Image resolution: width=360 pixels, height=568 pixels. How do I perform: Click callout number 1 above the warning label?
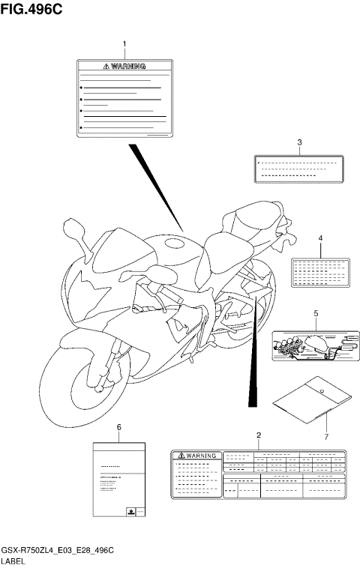(x=124, y=46)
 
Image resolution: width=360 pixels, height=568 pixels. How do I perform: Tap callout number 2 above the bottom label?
(x=258, y=435)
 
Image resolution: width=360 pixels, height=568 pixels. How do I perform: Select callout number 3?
(x=299, y=142)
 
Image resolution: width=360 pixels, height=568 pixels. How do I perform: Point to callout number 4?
(x=320, y=238)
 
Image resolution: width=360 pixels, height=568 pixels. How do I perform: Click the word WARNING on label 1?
(x=127, y=66)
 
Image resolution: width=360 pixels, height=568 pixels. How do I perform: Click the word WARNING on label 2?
(x=199, y=455)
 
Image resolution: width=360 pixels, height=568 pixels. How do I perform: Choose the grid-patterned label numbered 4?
(x=320, y=271)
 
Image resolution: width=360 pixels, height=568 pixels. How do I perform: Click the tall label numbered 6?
(x=118, y=480)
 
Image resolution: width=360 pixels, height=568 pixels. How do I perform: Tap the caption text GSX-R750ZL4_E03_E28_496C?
(x=57, y=551)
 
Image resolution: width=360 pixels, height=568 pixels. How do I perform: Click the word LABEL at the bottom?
(x=13, y=561)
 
